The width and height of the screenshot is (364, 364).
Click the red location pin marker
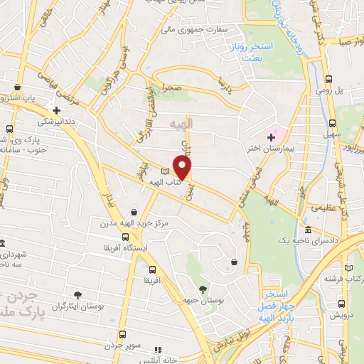183,168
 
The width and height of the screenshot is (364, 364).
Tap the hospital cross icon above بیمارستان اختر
271,136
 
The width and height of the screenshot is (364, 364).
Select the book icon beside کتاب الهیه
166,171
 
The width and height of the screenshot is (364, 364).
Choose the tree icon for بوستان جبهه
203,289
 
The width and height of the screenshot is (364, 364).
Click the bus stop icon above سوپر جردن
122,334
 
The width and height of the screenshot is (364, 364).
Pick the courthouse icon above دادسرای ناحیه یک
308,230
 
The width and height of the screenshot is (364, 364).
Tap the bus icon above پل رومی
329,80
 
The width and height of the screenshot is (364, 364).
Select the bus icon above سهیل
329,122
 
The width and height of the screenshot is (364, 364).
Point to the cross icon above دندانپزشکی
56,110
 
